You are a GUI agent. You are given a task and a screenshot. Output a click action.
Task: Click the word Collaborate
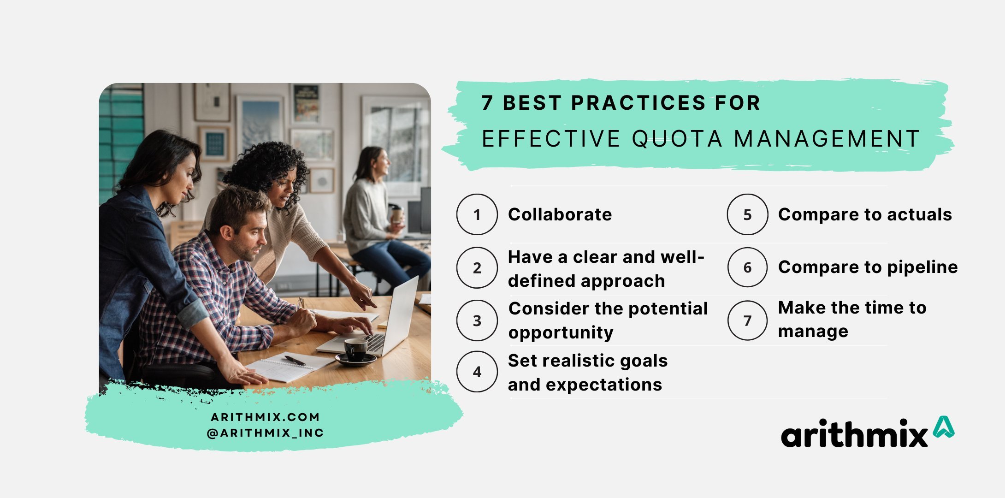[x=560, y=214]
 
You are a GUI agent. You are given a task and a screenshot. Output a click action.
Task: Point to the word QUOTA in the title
[x=677, y=139]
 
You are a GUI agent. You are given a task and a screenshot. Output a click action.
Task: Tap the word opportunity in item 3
[x=561, y=333]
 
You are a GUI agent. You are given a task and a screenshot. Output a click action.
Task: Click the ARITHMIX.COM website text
[x=265, y=417]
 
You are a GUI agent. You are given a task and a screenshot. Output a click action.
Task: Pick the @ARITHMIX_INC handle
[x=265, y=433]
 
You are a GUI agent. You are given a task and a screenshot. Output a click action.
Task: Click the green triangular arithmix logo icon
[x=943, y=427]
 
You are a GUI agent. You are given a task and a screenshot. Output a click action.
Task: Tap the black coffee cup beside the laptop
[x=356, y=350]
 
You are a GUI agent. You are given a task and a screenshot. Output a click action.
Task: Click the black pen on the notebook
[x=295, y=361]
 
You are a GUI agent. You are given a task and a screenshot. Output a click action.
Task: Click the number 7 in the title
[x=487, y=103]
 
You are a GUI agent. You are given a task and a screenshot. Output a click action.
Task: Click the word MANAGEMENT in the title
[x=827, y=139]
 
